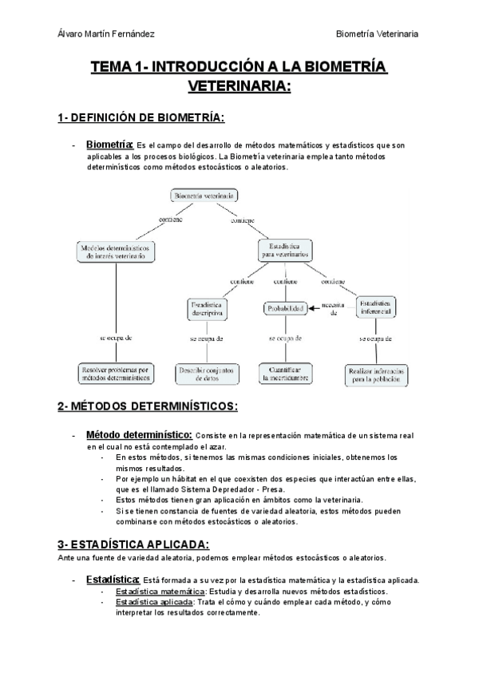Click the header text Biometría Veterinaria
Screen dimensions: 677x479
378,33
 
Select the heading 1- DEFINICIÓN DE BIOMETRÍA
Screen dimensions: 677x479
141,117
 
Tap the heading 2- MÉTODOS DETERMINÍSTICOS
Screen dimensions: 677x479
148,406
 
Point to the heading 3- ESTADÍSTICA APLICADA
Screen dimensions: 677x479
133,544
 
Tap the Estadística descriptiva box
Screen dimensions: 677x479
209,309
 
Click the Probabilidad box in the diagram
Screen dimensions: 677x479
285,308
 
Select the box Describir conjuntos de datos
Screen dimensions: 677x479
207,373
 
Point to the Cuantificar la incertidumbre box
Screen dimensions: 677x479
285,373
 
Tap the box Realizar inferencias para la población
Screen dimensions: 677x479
377,374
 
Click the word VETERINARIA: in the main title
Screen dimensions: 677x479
239,85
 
